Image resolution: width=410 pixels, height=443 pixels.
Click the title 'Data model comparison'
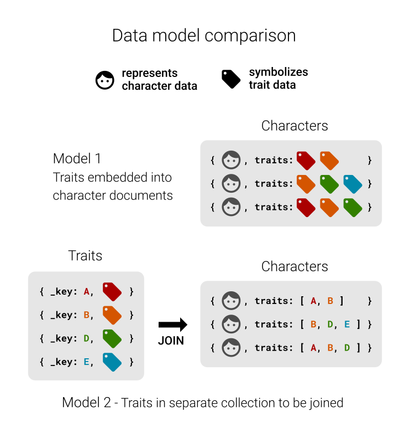click(204, 35)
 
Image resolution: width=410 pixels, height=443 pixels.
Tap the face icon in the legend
click(105, 80)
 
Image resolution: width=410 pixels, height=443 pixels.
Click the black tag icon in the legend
click(231, 79)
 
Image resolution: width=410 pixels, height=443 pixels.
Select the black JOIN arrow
click(172, 324)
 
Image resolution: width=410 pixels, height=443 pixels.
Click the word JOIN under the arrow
click(171, 341)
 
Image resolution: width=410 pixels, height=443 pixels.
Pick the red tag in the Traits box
click(112, 291)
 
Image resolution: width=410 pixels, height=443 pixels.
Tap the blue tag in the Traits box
click(112, 362)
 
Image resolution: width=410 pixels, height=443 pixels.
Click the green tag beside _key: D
click(112, 338)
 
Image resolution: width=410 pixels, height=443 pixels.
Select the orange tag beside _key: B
click(112, 315)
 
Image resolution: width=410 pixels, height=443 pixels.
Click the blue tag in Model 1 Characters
click(353, 184)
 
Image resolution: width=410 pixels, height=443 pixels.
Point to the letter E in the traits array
click(346, 324)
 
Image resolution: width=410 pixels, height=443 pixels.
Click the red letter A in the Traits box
click(86, 291)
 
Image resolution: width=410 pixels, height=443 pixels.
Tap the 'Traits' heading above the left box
click(85, 256)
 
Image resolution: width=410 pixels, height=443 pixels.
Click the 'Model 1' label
click(77, 158)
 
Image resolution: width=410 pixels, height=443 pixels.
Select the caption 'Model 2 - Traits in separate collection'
click(203, 403)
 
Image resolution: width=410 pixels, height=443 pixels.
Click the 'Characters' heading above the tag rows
click(295, 126)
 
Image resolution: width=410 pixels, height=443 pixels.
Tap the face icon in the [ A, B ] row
click(231, 301)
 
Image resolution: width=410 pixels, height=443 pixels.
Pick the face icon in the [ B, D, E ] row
click(231, 324)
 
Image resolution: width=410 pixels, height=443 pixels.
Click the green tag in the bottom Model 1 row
click(353, 208)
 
